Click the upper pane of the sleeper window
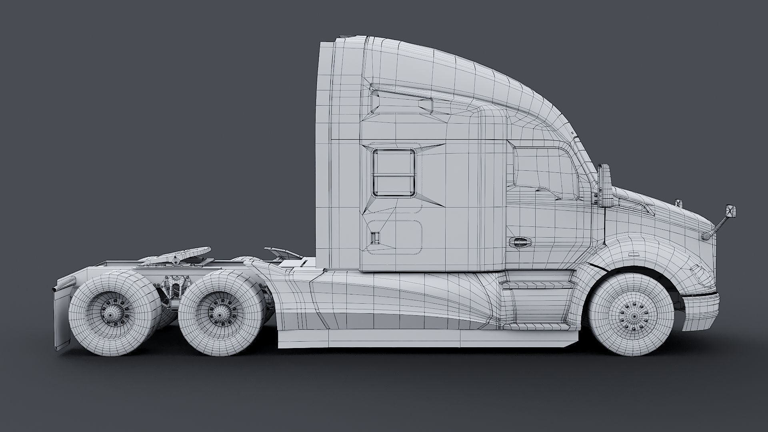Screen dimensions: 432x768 tap(394, 162)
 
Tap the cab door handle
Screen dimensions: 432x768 tap(520, 242)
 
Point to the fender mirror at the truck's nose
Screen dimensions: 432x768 tap(730, 211)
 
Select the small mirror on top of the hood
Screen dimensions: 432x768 tap(678, 203)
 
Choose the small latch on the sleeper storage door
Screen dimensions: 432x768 tap(375, 238)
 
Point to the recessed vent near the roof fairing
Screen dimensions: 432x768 tap(426, 104)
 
